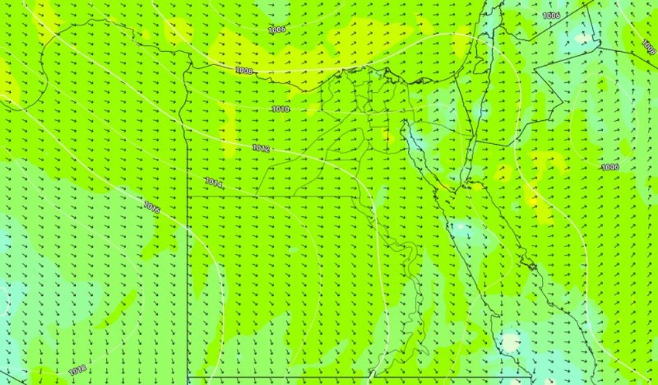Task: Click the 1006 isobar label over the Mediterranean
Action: coord(277,29)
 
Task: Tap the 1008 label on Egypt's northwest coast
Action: coord(244,70)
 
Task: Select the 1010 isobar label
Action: coord(281,109)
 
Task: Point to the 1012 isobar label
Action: coord(261,147)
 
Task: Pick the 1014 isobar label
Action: coord(214,183)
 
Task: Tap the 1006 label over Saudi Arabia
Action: coord(610,167)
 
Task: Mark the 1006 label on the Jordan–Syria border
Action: coord(551,15)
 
